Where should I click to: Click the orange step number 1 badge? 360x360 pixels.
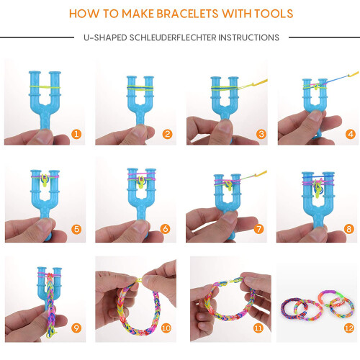click(x=76, y=134)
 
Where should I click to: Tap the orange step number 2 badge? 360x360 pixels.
click(x=167, y=134)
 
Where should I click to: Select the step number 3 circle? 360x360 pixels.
click(x=261, y=134)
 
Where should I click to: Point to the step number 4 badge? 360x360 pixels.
click(x=351, y=134)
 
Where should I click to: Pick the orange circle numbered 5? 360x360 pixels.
click(x=76, y=229)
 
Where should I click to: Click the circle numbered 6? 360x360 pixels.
click(x=166, y=229)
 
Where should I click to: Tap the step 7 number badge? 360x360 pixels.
click(x=258, y=229)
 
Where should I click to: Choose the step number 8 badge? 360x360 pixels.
click(x=349, y=229)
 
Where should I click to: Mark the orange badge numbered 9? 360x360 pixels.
click(x=76, y=328)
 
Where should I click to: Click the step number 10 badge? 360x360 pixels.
click(x=166, y=328)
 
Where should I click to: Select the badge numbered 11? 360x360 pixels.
click(x=258, y=328)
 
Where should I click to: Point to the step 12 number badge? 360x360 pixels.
click(x=349, y=328)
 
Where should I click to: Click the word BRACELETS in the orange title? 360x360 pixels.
click(x=187, y=14)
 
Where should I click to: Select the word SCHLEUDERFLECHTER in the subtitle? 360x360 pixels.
click(x=173, y=37)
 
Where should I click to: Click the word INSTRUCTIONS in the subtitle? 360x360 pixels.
click(x=248, y=37)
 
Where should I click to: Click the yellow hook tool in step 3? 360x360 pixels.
click(x=254, y=84)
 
